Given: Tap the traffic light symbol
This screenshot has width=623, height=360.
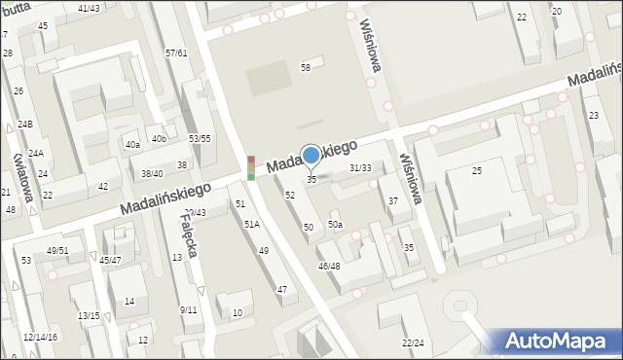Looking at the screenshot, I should click(x=251, y=167).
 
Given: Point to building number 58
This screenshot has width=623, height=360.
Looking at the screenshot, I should click(x=305, y=67).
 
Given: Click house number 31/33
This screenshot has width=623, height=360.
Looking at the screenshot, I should click(x=360, y=168).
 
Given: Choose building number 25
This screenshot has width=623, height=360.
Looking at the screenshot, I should click(x=477, y=171).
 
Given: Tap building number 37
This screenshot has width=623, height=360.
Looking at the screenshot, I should click(x=393, y=201).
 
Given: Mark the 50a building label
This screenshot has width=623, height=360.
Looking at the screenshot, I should click(x=335, y=225).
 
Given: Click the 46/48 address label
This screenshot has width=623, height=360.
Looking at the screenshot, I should click(x=329, y=267).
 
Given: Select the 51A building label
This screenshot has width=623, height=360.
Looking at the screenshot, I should click(x=252, y=225).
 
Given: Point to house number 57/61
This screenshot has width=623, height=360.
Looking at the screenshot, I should click(x=176, y=53).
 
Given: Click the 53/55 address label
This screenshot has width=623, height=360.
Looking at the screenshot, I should click(x=200, y=138).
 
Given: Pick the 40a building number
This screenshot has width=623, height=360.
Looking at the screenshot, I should click(x=132, y=145).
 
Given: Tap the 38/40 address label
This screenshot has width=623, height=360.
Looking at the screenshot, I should click(x=152, y=173).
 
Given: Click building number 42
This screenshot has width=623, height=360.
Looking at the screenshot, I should click(x=103, y=186).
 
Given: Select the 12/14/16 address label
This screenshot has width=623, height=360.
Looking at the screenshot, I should click(x=40, y=337).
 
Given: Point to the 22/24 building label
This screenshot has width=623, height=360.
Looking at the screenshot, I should click(x=413, y=342).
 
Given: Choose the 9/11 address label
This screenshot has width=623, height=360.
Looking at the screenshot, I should click(x=188, y=309).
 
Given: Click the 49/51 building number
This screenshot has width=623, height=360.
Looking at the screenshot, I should click(x=57, y=250).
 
